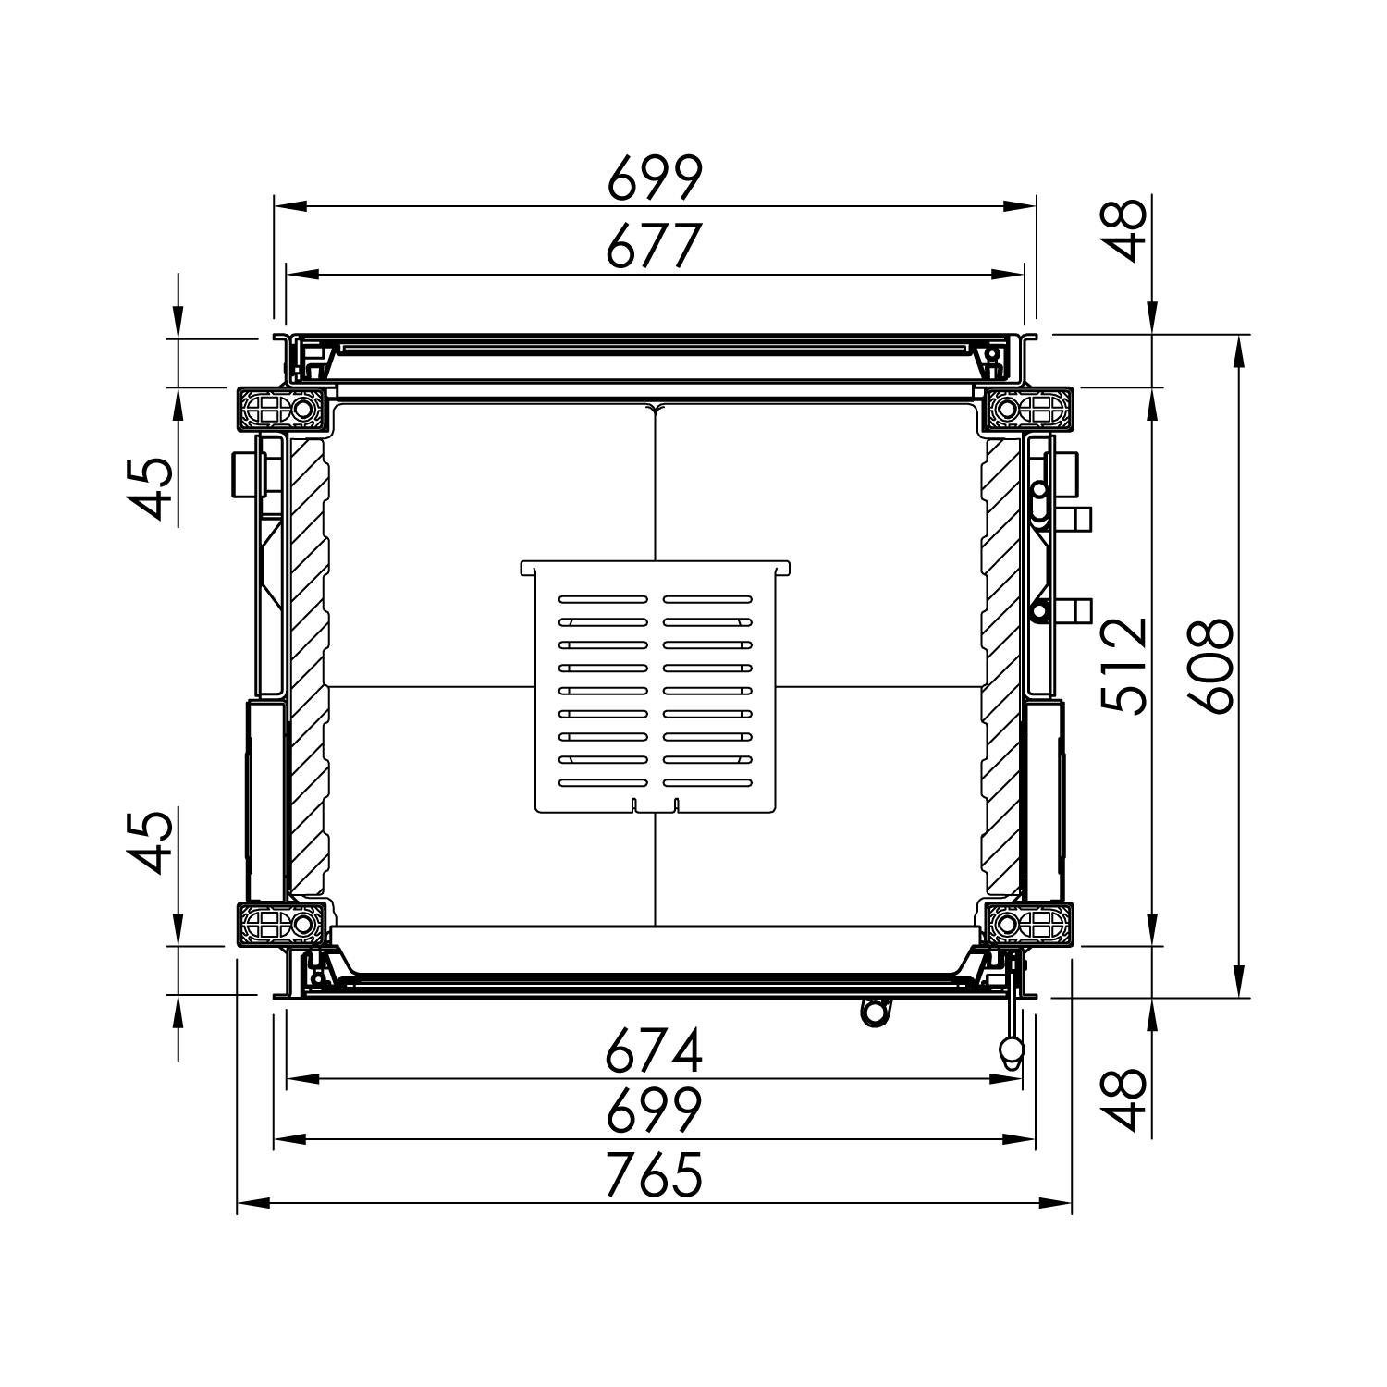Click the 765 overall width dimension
point(655,1175)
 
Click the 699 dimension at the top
point(655,178)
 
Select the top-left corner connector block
point(281,409)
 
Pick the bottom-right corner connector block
point(1028,924)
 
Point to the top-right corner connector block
point(1028,409)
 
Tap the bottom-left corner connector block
point(281,924)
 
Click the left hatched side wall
point(309,666)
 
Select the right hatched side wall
point(1000,666)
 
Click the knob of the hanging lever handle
point(1012,1049)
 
